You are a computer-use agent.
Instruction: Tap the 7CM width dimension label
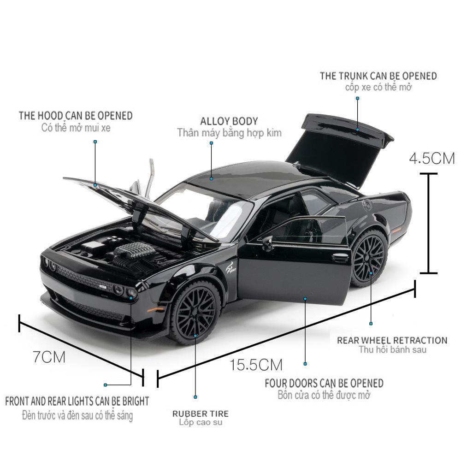(49, 356)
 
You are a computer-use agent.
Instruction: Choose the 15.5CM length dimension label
(256, 365)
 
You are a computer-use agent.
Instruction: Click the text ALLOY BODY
(229, 121)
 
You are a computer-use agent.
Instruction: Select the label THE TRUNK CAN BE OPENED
(378, 76)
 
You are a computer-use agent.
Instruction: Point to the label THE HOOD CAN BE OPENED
(76, 115)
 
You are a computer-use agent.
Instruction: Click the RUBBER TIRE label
(200, 414)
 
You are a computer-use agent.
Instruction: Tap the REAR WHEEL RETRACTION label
(392, 340)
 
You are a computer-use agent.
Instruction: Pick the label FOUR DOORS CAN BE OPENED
(324, 383)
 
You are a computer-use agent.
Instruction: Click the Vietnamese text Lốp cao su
(200, 422)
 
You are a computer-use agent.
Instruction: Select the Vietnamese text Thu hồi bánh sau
(393, 349)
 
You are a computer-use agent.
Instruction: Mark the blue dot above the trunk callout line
(357, 98)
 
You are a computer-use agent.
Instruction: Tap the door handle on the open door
(340, 259)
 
